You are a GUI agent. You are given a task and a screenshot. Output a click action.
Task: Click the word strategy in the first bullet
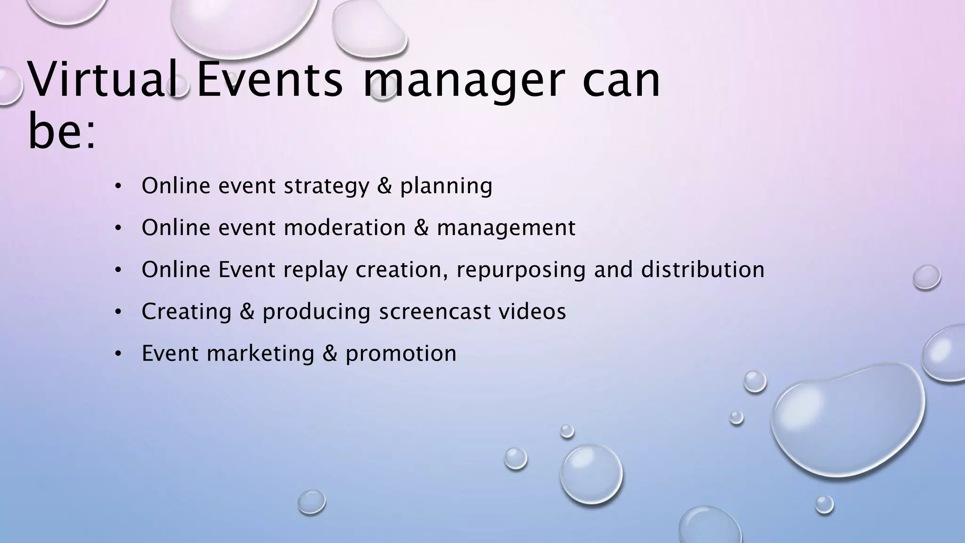click(x=327, y=186)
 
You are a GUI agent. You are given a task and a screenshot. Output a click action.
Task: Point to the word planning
click(x=446, y=186)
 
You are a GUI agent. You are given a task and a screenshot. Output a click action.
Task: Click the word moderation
click(x=345, y=228)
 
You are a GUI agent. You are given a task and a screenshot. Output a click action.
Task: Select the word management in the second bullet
click(x=506, y=228)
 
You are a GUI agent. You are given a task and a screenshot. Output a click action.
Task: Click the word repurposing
click(x=521, y=270)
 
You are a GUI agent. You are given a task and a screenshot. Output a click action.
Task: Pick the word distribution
click(x=703, y=270)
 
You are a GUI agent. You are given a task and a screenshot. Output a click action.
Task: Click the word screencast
click(x=435, y=312)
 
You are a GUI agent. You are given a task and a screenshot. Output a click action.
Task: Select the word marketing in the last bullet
click(x=261, y=354)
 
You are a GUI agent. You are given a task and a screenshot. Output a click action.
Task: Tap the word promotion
click(x=401, y=354)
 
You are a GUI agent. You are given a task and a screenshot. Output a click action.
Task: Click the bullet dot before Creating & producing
click(x=118, y=312)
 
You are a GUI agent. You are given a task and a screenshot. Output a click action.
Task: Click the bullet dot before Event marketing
click(x=118, y=354)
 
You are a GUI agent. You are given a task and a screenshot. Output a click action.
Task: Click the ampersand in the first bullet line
click(x=384, y=186)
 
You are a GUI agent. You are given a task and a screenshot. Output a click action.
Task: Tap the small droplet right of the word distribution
click(x=926, y=277)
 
